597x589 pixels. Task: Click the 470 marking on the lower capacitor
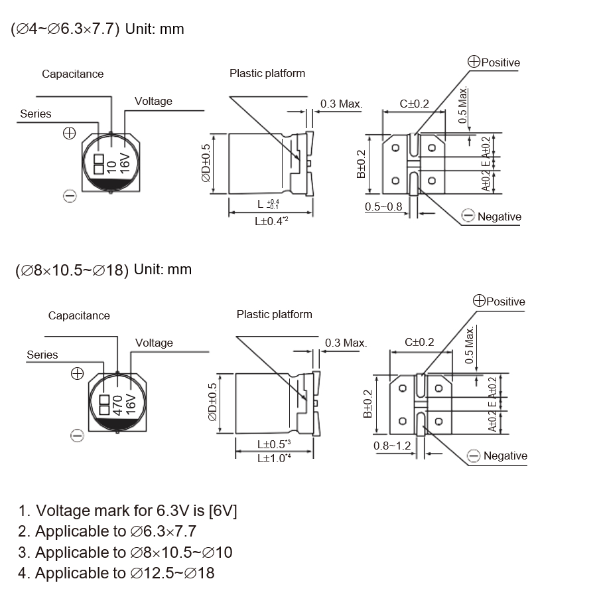[x=117, y=405]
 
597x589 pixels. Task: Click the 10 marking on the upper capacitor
[x=111, y=167]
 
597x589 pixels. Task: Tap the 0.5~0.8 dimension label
[x=383, y=207]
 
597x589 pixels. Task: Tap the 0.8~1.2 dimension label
[x=392, y=446]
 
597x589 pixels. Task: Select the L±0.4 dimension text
[x=271, y=220]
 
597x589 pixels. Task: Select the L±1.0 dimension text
[x=274, y=458]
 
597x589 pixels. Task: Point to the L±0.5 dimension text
[x=274, y=444]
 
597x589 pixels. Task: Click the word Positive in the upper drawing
[x=501, y=62]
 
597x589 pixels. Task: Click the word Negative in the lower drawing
[x=505, y=456]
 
